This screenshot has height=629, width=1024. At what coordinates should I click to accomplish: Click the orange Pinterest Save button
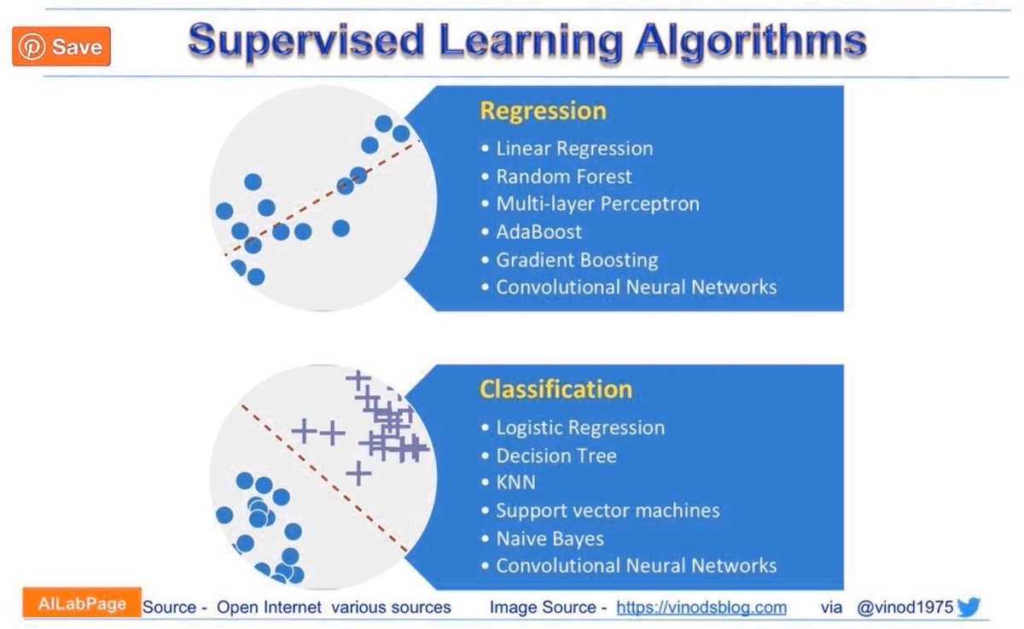pos(61,47)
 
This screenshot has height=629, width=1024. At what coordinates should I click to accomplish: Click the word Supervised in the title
pos(306,41)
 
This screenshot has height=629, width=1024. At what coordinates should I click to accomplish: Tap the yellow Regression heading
pos(543,111)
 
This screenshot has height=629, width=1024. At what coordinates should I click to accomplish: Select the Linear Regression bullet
pos(574,149)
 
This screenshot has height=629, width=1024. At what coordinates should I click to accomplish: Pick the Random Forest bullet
pos(564,177)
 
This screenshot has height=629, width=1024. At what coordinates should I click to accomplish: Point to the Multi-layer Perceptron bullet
pos(597,204)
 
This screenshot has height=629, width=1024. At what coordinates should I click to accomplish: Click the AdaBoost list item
pos(539,232)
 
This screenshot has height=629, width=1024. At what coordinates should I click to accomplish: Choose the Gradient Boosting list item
pos(577,260)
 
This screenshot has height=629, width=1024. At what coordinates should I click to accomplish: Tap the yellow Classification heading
pos(556,389)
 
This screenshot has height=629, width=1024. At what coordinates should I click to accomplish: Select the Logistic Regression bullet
pos(580,428)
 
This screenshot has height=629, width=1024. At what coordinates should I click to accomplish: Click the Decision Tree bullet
pos(556,456)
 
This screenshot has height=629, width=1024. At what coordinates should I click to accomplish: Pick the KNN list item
pos(515,483)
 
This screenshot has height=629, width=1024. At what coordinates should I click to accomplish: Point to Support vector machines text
pos(608,510)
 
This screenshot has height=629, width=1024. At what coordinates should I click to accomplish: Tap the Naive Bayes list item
pos(550,539)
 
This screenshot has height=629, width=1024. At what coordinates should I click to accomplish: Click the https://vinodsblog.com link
pos(701,608)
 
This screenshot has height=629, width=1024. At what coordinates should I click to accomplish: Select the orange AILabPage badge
pos(82,603)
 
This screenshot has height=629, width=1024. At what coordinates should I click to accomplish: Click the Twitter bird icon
pos(969,608)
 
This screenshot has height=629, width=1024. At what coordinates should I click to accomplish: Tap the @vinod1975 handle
pos(905,608)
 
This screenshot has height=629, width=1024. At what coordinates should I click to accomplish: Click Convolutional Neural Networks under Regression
pos(636,288)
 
